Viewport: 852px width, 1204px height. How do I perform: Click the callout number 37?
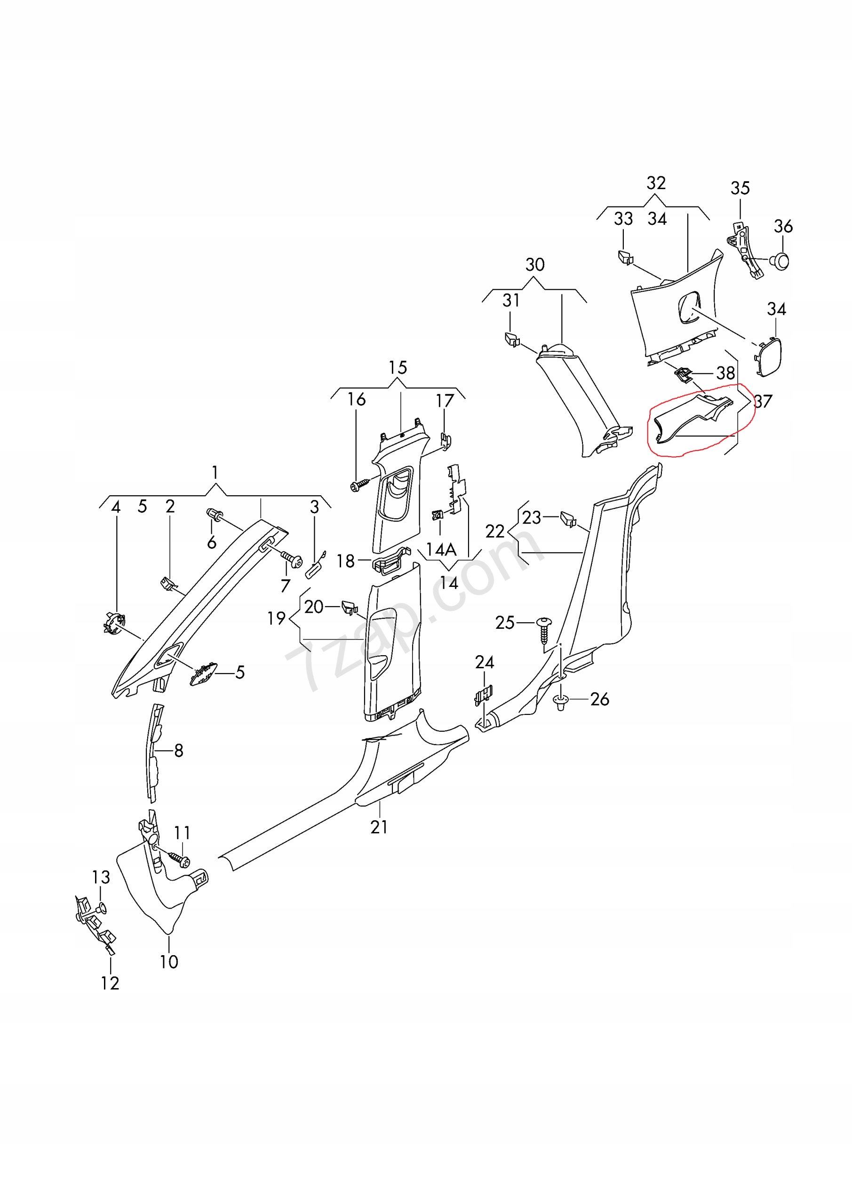(764, 401)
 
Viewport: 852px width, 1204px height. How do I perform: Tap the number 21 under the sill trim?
(379, 827)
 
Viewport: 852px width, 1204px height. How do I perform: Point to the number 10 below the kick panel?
(169, 961)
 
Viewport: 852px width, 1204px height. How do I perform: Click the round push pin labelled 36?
(781, 261)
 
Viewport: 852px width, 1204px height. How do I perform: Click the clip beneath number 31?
(512, 339)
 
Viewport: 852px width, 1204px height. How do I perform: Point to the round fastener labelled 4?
(114, 622)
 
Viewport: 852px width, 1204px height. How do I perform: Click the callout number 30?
(534, 264)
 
